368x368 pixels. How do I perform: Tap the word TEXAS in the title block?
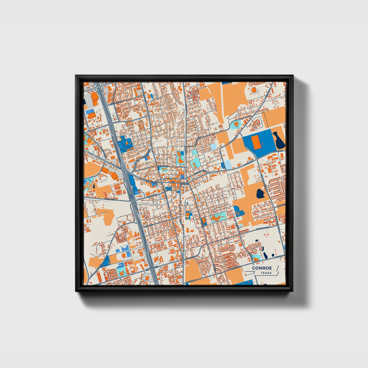(266, 273)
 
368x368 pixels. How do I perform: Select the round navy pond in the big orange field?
(261, 194)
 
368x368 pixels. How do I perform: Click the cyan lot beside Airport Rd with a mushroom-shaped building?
(236, 125)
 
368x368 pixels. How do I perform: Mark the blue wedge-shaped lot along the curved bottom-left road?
(107, 260)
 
